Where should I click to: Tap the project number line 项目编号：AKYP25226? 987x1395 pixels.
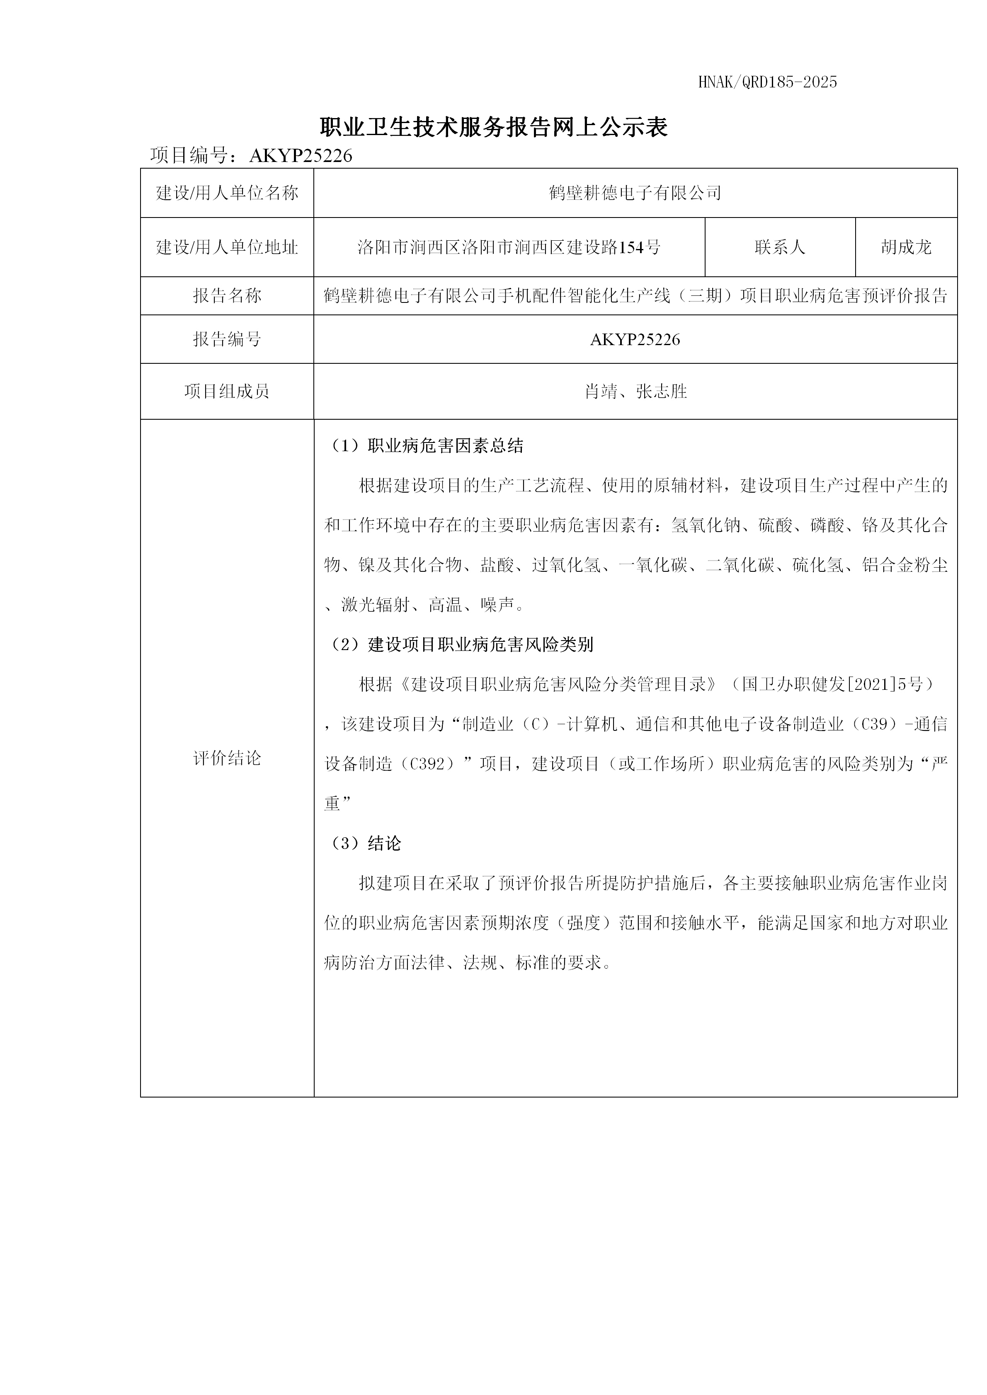(251, 155)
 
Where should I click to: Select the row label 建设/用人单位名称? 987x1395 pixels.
(227, 193)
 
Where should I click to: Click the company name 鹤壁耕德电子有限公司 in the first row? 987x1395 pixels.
(635, 193)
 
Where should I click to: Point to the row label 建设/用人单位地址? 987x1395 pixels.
(227, 247)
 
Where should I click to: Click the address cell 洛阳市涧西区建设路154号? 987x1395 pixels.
(509, 247)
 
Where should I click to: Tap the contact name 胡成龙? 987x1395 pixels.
(906, 247)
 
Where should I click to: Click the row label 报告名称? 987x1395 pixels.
(227, 296)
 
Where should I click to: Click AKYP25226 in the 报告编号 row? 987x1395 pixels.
(635, 340)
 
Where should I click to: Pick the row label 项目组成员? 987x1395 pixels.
(227, 391)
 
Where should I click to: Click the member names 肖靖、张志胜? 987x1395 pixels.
(635, 391)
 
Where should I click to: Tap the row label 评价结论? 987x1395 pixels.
(227, 758)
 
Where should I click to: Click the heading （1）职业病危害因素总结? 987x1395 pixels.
(425, 446)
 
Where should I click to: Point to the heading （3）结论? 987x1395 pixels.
(365, 843)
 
